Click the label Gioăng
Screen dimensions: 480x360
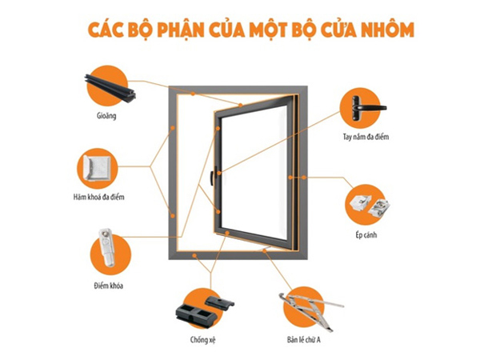[x=106, y=116]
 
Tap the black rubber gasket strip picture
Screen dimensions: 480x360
[x=110, y=87]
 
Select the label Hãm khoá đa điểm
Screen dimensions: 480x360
[x=99, y=197]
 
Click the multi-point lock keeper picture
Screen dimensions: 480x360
[x=98, y=168]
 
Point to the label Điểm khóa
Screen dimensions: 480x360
[x=109, y=286]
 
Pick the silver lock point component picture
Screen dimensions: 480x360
[x=106, y=247]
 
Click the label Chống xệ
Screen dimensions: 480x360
[x=203, y=340]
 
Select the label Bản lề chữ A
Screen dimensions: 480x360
[x=304, y=339]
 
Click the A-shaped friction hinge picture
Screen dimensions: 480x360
[x=310, y=311]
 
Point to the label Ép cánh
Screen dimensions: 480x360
[x=366, y=235]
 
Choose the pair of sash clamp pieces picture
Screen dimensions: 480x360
[x=370, y=206]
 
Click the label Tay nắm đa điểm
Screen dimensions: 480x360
[x=366, y=137]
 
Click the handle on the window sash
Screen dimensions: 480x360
[x=213, y=176]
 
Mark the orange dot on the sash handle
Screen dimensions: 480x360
[x=219, y=173]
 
